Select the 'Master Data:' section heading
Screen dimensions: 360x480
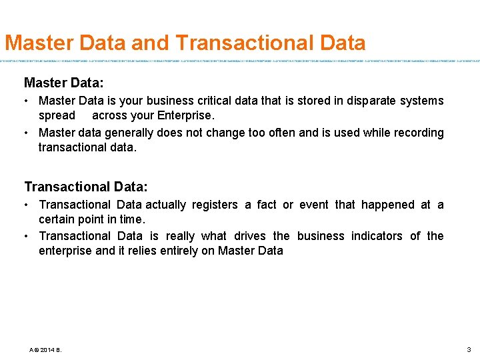click(63, 83)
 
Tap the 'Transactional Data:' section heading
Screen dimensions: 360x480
click(86, 187)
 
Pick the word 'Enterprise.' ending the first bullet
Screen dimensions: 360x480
click(185, 115)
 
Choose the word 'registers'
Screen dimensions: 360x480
click(214, 205)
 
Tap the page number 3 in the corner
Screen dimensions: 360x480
click(469, 349)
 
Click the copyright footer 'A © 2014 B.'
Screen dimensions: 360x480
click(45, 349)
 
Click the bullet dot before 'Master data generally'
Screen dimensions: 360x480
click(27, 133)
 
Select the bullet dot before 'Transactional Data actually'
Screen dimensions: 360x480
click(27, 205)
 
